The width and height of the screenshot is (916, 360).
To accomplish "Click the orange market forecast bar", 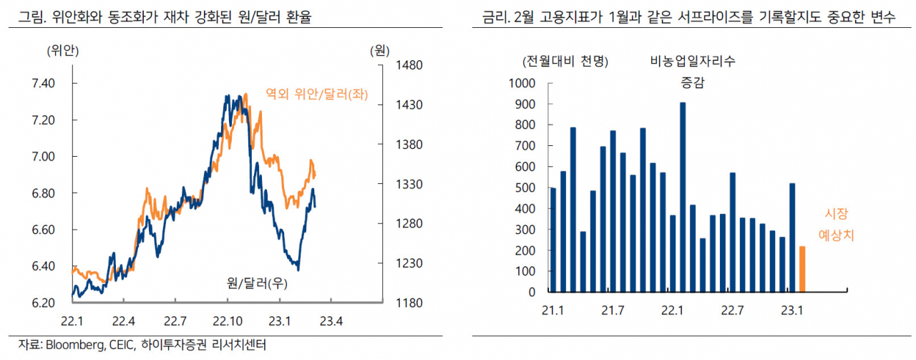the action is point(802,269).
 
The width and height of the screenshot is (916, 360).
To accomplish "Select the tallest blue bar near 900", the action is point(683,198).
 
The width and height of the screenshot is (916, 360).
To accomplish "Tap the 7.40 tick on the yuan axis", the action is point(44,84).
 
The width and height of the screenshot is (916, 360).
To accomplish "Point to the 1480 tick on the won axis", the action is point(409,65).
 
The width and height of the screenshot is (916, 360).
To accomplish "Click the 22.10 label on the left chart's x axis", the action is point(228,321).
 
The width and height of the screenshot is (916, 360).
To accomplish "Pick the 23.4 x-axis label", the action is point(331,321).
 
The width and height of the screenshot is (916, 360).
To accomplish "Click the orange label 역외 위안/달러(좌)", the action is point(317,94).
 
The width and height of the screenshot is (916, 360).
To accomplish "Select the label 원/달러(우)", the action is point(257,283).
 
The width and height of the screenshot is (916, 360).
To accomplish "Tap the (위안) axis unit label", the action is point(62,51).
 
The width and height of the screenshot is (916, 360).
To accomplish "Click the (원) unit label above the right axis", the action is point(379,51).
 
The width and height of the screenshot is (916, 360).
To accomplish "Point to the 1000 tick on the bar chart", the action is point(522,84).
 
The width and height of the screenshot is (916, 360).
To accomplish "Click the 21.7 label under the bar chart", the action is point(613,311).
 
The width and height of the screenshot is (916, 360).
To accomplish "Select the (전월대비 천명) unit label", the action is point(565,62).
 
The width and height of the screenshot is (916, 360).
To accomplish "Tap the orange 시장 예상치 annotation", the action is point(837,224).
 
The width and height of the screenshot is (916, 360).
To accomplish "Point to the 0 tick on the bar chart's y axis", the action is point(532,292).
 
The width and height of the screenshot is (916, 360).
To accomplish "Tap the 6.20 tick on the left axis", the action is point(44,303).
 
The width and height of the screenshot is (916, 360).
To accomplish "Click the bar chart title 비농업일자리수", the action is point(693,62).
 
